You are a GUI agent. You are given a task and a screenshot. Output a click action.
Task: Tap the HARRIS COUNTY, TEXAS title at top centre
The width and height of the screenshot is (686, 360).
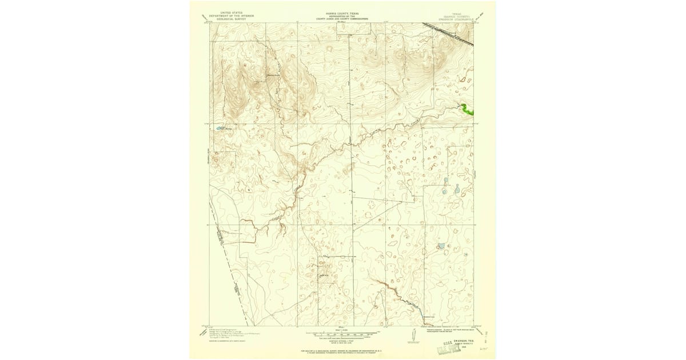click(343, 11)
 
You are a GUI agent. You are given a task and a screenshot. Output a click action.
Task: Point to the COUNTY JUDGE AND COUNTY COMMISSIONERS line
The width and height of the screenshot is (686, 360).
click(343, 18)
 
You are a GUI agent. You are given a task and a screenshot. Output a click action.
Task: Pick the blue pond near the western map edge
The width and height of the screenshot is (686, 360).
click(219, 129)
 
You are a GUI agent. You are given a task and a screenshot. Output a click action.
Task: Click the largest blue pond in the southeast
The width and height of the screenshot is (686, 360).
click(441, 247)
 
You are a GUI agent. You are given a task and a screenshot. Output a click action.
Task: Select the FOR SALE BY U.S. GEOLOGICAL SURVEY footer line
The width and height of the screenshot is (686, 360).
click(343, 350)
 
